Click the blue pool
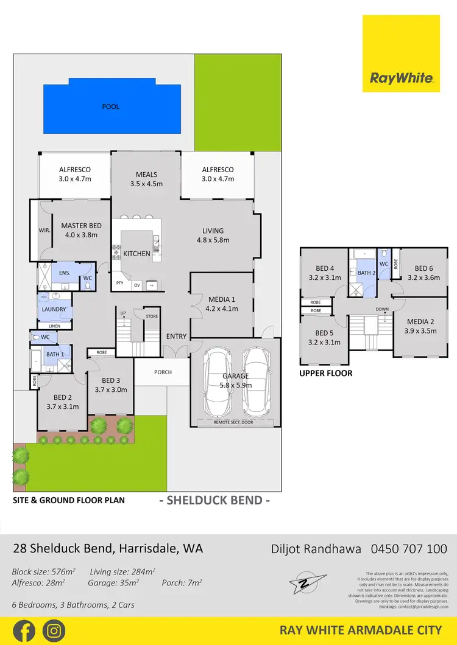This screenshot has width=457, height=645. click(112, 106)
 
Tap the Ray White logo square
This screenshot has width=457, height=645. click(401, 54)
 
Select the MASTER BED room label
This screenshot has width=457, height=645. click(81, 226)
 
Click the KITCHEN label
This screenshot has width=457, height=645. click(136, 254)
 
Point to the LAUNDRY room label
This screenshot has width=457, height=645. click(54, 309)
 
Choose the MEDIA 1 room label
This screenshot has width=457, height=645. click(221, 299)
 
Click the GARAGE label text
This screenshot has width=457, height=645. click(235, 376)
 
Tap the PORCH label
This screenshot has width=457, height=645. click(163, 372)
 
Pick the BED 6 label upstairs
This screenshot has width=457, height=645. click(423, 268)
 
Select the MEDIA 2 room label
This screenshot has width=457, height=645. click(420, 322)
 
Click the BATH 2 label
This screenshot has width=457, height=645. click(366, 273)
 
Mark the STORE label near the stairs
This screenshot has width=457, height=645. click(152, 316)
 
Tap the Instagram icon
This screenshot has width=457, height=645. click(54, 631)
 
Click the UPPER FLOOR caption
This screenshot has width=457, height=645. click(325, 373)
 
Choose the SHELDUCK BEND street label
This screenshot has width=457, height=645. click(214, 501)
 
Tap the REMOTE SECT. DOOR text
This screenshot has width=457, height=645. click(235, 422)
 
